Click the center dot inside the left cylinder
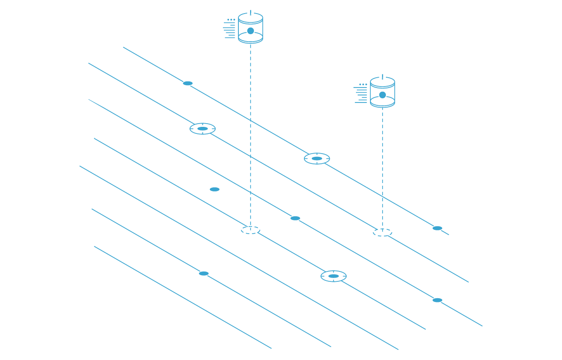click(x=251, y=31)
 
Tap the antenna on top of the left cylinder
click(x=251, y=12)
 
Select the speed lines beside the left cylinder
click(x=229, y=29)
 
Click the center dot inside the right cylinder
click(x=383, y=95)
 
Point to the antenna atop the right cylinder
click(x=383, y=76)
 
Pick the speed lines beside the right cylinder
click(x=361, y=94)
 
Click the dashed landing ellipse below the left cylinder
click(x=251, y=230)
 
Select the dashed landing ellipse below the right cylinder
click(x=383, y=232)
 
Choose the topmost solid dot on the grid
click(x=188, y=83)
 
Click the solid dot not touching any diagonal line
click(x=214, y=190)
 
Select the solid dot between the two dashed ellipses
click(x=295, y=218)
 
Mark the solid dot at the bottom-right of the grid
click(x=437, y=300)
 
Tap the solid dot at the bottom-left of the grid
click(x=204, y=273)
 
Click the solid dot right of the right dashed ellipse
click(x=437, y=228)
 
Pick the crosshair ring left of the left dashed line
click(x=202, y=129)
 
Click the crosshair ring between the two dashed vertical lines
click(x=317, y=159)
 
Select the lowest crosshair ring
click(x=333, y=276)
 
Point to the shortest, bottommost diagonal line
click(x=183, y=297)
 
